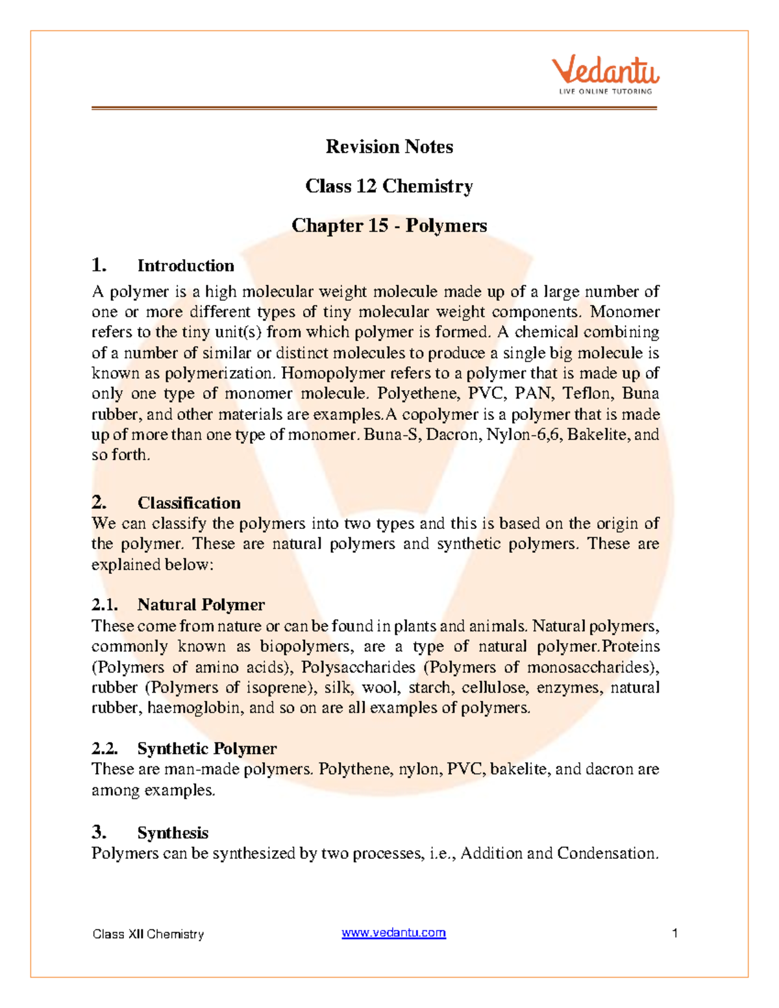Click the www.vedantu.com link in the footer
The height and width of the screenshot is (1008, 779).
click(x=393, y=933)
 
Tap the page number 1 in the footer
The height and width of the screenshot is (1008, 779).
click(x=675, y=933)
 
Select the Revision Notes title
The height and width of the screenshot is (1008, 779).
click(x=389, y=147)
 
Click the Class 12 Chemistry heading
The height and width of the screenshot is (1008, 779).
click(x=389, y=186)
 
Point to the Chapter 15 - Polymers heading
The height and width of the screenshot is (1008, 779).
click(x=389, y=226)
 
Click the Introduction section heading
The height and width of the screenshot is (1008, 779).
click(x=186, y=265)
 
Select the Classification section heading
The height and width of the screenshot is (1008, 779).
click(x=189, y=503)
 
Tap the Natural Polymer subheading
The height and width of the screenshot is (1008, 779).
click(x=201, y=605)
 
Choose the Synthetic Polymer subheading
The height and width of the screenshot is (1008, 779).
click(x=206, y=748)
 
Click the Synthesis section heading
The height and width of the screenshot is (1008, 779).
click(x=173, y=833)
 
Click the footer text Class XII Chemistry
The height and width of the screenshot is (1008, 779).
click(x=148, y=934)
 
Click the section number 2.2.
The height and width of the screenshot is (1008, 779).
click(x=105, y=748)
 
